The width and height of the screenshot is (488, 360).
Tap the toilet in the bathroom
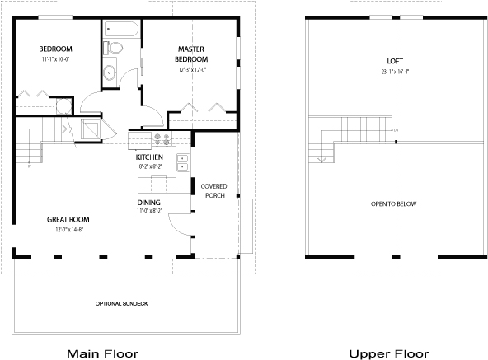[x=117, y=49]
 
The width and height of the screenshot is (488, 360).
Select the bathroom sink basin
[x=110, y=71]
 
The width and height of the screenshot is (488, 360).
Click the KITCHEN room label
[x=150, y=157]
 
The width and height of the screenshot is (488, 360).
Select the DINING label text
[x=149, y=203]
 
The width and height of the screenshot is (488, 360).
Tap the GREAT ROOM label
[x=68, y=220]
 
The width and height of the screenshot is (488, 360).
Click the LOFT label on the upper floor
[x=395, y=62]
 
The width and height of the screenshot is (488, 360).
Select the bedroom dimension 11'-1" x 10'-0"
[x=56, y=60]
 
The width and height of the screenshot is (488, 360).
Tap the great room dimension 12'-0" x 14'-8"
[x=68, y=230]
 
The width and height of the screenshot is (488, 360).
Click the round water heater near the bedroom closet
[x=61, y=105]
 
